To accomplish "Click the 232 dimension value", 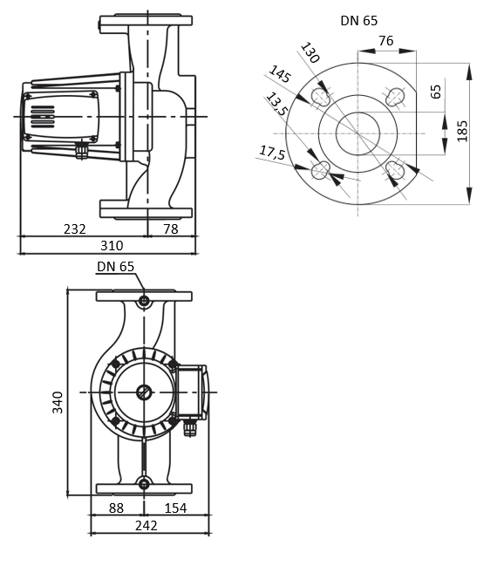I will [75, 228].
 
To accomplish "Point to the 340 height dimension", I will [58, 401].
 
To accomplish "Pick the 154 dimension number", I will [177, 508].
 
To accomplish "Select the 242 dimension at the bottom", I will [146, 526].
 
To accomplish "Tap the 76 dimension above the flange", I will [386, 40].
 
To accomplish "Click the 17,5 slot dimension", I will [272, 153].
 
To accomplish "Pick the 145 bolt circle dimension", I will [280, 75].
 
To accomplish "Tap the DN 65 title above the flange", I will [358, 20].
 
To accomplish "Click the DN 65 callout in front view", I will [115, 267].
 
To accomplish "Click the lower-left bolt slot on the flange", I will [320, 170].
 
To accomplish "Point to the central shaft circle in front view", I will [144, 392].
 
